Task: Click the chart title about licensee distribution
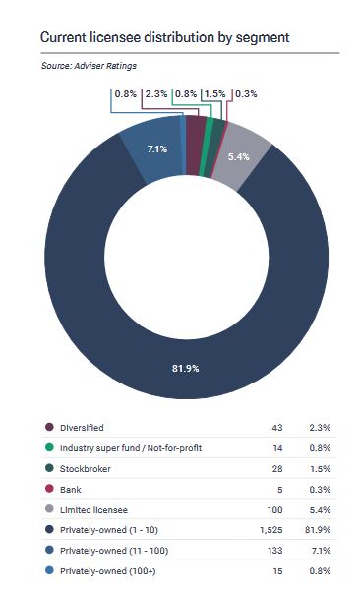click(x=164, y=37)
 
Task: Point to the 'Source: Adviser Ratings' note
click(x=89, y=66)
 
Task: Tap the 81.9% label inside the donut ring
click(x=185, y=368)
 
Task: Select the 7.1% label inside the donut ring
click(x=157, y=149)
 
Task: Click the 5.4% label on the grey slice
click(x=238, y=156)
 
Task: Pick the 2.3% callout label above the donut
click(x=156, y=93)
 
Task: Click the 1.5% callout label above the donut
click(x=214, y=93)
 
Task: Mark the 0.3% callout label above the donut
click(x=246, y=93)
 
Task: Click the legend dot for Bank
click(x=49, y=489)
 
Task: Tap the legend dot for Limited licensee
click(x=49, y=509)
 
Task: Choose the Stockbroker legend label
click(x=86, y=468)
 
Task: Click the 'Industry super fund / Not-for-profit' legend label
click(x=131, y=447)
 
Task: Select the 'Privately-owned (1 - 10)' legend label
click(x=109, y=530)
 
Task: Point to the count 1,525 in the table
click(x=270, y=530)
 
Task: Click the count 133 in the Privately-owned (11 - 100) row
click(x=274, y=550)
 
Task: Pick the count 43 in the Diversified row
click(x=277, y=428)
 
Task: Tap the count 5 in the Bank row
click(x=279, y=489)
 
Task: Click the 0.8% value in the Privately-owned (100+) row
click(x=320, y=570)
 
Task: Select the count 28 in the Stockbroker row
click(x=277, y=468)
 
